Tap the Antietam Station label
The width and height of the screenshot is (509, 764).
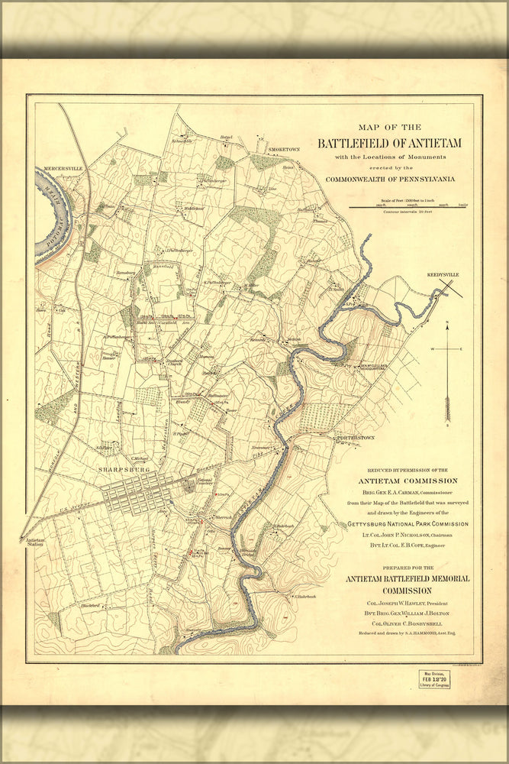point(36,543)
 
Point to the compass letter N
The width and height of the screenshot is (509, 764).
point(449,322)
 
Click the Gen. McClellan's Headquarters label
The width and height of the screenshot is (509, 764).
point(372,367)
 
